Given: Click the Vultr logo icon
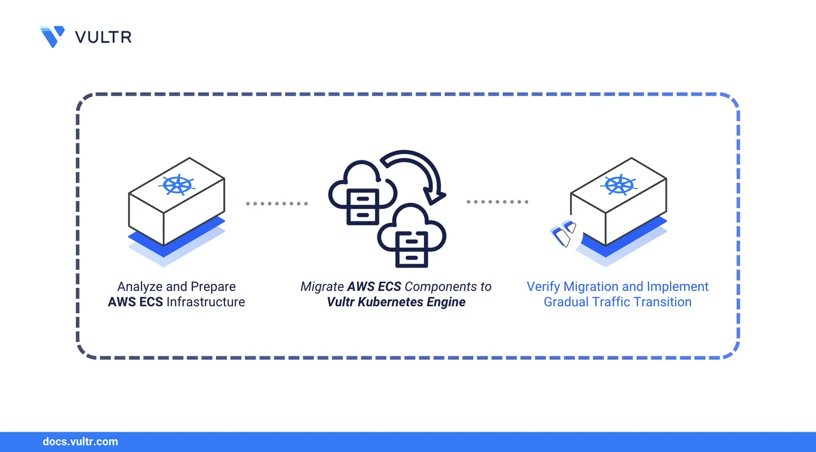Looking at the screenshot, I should pos(52,36).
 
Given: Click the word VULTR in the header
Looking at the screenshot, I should pos(103,37).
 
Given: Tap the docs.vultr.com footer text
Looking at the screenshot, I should pos(80,441).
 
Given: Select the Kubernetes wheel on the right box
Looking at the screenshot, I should pos(619,185).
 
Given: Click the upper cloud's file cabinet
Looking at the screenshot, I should pos(362,206).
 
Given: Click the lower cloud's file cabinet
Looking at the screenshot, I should pos(411,248).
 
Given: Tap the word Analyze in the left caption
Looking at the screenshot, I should pos(140,286).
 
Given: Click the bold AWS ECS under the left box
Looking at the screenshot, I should pos(135,302).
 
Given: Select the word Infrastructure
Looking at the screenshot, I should pos(205,302).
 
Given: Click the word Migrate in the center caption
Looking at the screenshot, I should pos(322,286).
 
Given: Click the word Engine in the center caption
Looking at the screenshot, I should pos(447,302).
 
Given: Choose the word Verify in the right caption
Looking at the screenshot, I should pos(544,286).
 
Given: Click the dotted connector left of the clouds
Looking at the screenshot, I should pos(277,204).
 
